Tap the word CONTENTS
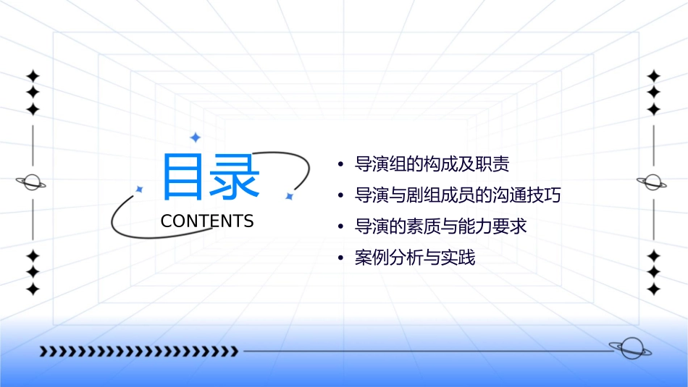[207, 221]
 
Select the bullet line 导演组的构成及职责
[432, 164]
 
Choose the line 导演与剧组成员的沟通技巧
[458, 195]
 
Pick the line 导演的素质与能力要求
[440, 226]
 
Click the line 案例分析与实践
[415, 258]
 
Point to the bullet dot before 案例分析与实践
[341, 258]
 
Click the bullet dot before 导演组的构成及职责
[341, 165]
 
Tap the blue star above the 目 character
[194, 137]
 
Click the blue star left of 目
[140, 189]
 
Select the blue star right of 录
[289, 195]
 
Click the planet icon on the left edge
[32, 182]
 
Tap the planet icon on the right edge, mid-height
[653, 182]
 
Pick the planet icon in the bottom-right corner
[629, 349]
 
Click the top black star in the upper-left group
[33, 76]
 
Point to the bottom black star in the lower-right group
[654, 289]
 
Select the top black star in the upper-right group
[654, 76]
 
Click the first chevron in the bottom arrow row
[44, 352]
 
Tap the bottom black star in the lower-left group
[33, 289]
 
